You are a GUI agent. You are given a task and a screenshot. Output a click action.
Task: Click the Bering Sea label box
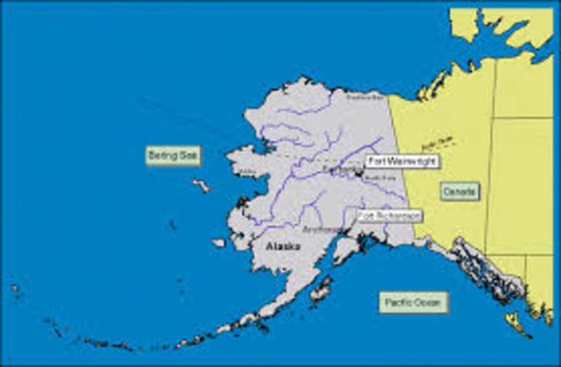coord(174,156)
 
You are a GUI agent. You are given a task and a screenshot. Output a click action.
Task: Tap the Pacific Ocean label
coord(415,303)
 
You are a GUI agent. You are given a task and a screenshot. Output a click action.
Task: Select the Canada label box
coord(459,191)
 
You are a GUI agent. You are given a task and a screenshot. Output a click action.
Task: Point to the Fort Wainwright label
coord(402,161)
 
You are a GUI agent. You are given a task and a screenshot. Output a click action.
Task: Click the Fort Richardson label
coord(389,215)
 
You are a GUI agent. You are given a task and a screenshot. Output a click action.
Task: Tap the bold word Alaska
coord(282,248)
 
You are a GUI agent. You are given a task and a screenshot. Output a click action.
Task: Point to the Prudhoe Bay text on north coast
coord(358,99)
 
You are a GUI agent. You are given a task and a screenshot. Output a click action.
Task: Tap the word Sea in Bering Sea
coord(189,156)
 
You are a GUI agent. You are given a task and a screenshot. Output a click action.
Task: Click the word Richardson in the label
coord(398,215)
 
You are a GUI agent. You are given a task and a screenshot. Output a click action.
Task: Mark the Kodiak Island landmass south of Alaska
coord(321,289)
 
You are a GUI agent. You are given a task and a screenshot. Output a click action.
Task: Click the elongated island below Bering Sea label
coord(202,186)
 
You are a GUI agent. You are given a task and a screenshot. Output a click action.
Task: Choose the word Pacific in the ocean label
coord(400,303)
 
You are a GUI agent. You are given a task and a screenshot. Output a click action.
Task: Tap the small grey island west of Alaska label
coord(218,243)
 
